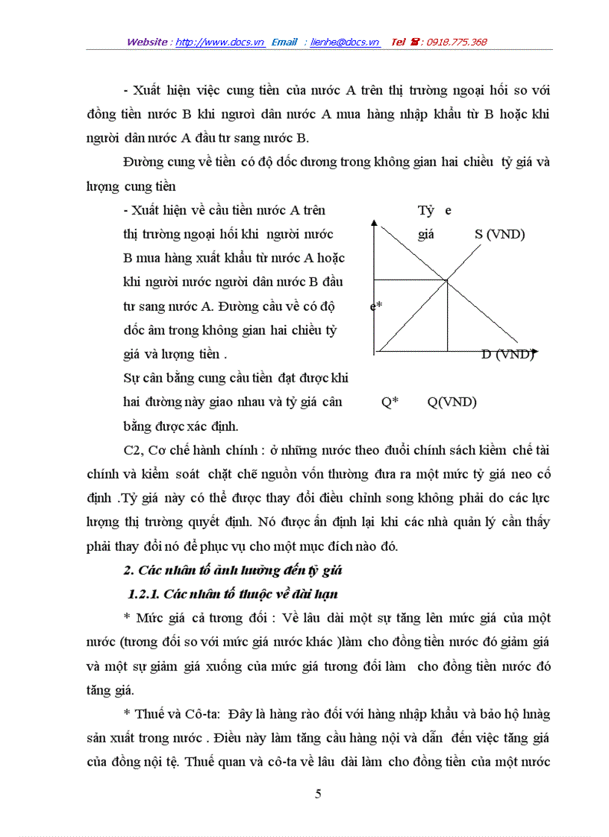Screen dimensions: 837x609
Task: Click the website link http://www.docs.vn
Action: click(220, 42)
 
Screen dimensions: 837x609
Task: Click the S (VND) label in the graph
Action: click(499, 234)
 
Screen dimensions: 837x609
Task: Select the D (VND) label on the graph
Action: click(507, 355)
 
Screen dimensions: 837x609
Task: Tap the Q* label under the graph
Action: click(390, 402)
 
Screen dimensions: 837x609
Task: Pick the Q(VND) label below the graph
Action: click(452, 402)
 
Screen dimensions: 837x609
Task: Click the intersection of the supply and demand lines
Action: click(446, 280)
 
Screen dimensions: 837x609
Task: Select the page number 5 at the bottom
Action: click(319, 794)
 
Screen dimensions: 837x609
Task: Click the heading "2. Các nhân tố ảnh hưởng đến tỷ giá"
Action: click(231, 571)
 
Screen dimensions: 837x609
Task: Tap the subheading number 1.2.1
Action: click(143, 594)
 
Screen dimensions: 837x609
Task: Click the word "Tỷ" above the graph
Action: click(425, 211)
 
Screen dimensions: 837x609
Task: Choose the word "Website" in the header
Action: click(147, 42)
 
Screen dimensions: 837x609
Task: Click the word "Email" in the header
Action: click(284, 42)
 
